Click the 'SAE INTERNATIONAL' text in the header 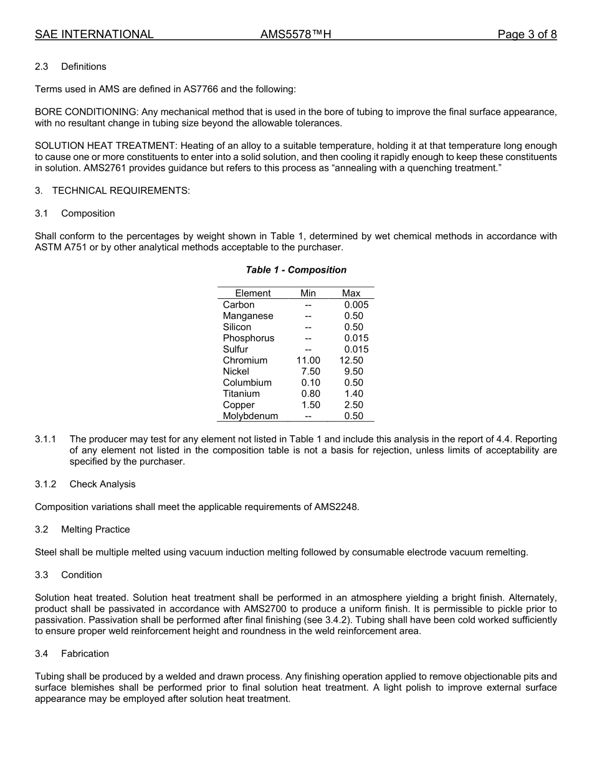pos(94,34)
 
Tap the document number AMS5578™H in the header pos(295,34)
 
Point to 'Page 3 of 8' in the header pos(527,34)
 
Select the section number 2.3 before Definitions pos(42,67)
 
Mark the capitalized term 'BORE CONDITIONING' pos(86,112)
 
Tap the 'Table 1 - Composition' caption pos(296,270)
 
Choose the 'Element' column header pos(252,293)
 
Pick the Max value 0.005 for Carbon pos(356,305)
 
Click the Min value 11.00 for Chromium pos(308,361)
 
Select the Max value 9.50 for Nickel pos(353,372)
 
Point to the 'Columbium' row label pos(247,383)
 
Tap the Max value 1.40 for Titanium pos(353,394)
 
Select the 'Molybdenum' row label pos(250,416)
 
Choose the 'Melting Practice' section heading pos(95,529)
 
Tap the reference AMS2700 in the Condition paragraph pos(234,609)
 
